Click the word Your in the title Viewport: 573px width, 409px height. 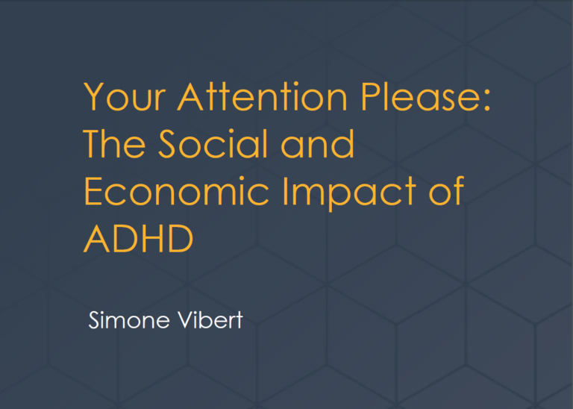click(x=125, y=97)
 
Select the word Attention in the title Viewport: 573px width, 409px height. click(x=262, y=97)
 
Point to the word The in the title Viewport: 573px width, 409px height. click(x=114, y=143)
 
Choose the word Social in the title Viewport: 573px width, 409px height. click(x=213, y=143)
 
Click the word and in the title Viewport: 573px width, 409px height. click(x=317, y=143)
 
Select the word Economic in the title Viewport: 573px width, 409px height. click(x=177, y=191)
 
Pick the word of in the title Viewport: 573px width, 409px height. click(x=446, y=190)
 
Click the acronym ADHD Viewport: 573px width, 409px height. click(x=138, y=238)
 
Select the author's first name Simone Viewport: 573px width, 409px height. click(x=129, y=320)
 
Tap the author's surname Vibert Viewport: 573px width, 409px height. click(x=210, y=320)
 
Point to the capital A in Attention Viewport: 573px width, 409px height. click(x=190, y=97)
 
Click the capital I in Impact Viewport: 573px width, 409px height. click(x=285, y=191)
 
